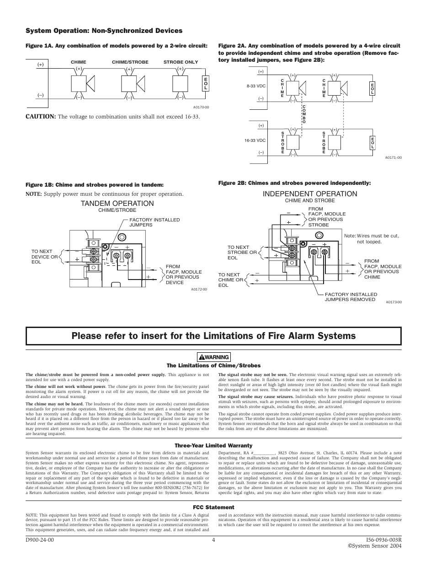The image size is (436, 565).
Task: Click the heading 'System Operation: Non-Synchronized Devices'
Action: click(x=104, y=31)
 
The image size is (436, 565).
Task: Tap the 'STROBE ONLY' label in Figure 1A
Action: click(x=181, y=62)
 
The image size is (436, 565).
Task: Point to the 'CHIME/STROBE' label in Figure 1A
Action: click(x=130, y=62)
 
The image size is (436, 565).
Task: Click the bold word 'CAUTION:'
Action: click(x=40, y=117)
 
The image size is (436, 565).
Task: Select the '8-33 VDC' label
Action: click(x=255, y=85)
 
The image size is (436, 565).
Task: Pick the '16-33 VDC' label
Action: click(x=255, y=140)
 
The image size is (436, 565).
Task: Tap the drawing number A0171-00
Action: click(x=393, y=157)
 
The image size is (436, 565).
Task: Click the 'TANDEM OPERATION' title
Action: click(x=117, y=204)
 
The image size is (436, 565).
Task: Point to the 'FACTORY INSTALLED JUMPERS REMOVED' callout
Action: click(x=351, y=297)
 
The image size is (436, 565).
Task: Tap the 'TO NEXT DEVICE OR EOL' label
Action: click(x=45, y=257)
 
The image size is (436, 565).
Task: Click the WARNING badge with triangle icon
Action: click(x=214, y=357)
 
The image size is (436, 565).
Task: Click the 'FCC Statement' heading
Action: click(x=213, y=507)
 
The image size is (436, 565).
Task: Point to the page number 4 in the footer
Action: click(x=213, y=539)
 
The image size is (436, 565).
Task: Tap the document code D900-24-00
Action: click(x=40, y=539)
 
